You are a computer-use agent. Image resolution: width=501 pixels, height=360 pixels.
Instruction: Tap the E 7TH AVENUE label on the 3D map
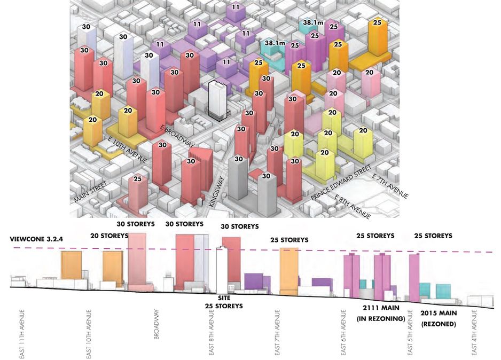[x=390, y=187]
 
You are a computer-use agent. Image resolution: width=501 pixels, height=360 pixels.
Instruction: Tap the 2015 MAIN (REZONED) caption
[x=438, y=318]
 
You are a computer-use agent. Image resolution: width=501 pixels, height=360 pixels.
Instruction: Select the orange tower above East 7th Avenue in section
[x=288, y=270]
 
